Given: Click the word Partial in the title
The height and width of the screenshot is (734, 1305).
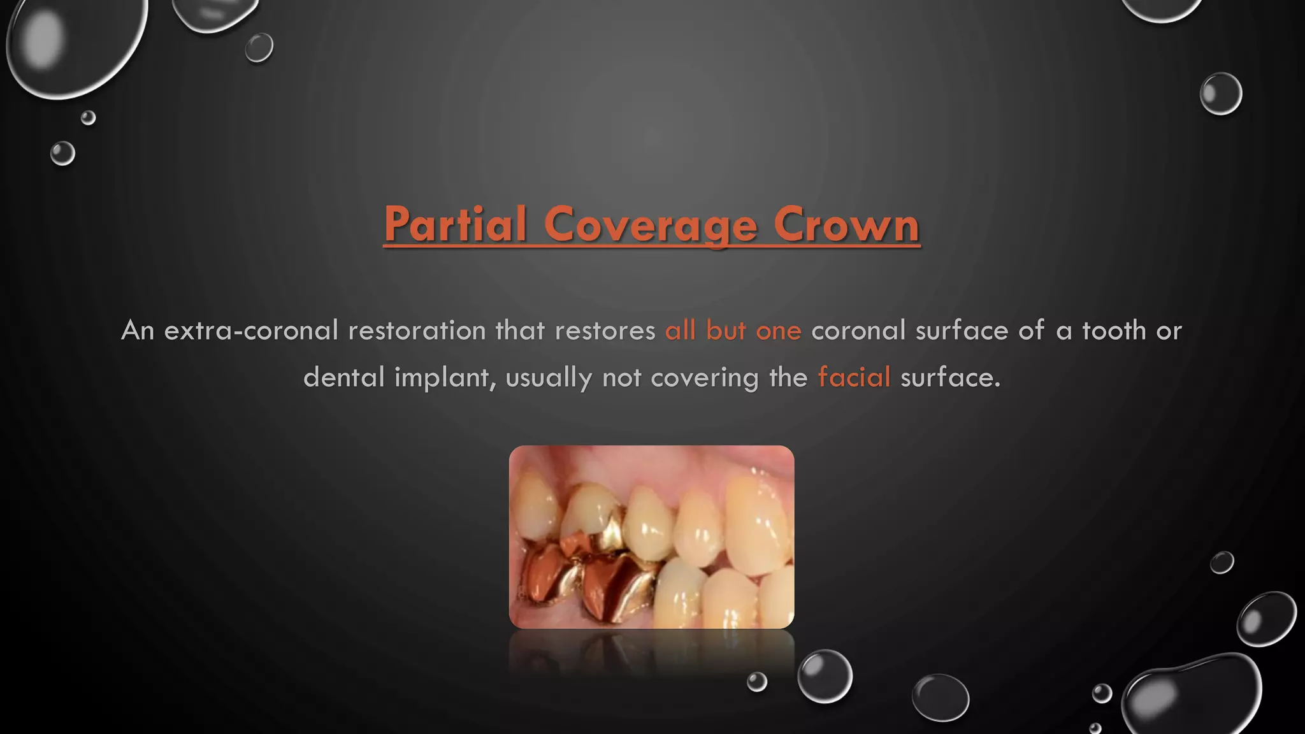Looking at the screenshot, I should click(x=455, y=224).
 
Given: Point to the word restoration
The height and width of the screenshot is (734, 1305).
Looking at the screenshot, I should click(x=417, y=331).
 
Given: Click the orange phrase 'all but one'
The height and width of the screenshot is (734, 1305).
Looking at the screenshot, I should click(x=733, y=331).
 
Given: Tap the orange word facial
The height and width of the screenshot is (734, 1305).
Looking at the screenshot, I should click(x=854, y=377).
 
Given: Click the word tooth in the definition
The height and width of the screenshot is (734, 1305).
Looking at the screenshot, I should click(x=1114, y=331).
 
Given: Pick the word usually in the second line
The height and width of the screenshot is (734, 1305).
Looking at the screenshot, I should click(x=549, y=378).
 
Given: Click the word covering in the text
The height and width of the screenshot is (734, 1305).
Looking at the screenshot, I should click(x=705, y=378).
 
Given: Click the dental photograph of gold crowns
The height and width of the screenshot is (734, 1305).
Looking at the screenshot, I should click(x=651, y=537).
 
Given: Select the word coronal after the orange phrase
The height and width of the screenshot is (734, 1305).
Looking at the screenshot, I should click(x=858, y=331).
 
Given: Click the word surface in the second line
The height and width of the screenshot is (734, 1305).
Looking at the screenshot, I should click(x=949, y=378).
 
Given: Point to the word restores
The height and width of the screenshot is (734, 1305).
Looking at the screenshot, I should click(x=605, y=331).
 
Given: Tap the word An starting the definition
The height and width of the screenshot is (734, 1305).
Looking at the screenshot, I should click(x=138, y=331).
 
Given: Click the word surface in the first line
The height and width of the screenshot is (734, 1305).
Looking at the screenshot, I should click(x=962, y=331).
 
